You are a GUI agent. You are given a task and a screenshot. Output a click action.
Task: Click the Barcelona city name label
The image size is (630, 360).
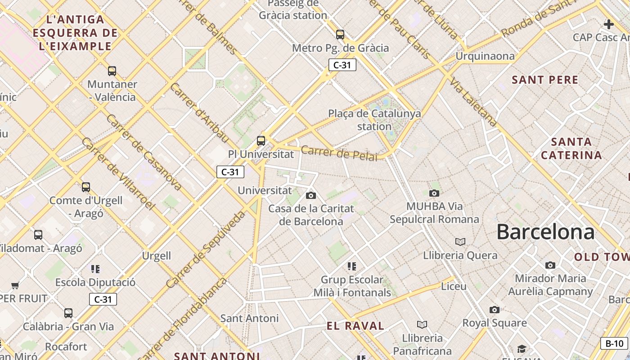point(545,232)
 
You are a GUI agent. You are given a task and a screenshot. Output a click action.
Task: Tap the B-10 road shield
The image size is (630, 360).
point(614,343)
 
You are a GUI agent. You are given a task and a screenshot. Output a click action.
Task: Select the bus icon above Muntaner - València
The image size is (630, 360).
point(112,71)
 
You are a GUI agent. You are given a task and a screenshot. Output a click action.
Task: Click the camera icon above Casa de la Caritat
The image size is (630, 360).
point(310,195)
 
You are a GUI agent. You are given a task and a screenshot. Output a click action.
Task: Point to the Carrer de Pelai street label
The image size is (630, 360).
point(339,153)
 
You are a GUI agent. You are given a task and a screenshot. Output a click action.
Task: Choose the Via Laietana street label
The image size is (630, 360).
point(473,103)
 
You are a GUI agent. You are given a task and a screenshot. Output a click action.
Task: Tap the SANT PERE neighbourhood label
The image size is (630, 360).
point(545,80)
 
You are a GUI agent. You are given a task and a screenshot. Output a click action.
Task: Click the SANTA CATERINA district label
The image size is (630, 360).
point(571,148)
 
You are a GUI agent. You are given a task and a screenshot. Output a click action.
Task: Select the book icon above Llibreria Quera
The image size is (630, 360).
point(460,242)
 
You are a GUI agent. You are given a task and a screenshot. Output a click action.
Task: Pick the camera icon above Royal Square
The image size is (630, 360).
point(495,310)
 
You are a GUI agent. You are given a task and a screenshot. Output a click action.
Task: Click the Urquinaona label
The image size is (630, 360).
point(485,56)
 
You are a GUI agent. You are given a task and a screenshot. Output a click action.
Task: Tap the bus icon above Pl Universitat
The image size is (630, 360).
point(261,140)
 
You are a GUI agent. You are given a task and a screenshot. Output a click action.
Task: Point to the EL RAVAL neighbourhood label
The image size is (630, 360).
point(355,326)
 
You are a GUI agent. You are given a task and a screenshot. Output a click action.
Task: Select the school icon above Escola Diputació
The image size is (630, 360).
point(95,269)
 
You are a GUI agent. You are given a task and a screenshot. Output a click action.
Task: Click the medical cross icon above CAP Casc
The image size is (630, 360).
point(609,24)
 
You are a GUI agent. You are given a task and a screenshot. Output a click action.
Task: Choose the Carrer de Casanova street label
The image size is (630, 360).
point(144,152)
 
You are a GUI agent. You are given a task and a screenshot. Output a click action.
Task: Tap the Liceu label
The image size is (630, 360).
point(454,286)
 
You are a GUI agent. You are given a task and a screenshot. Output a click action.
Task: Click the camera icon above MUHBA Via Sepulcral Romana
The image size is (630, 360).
point(434,193)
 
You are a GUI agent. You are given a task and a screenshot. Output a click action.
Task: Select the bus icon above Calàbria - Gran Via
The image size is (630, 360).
point(68,313)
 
